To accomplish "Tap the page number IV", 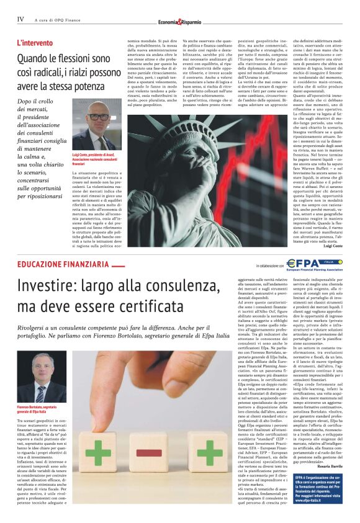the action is pos(20,19).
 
